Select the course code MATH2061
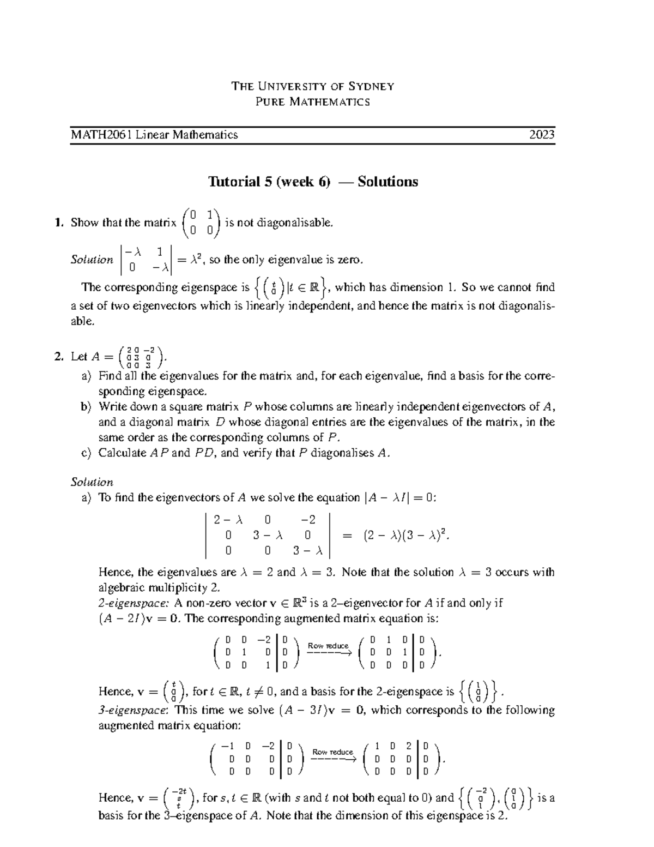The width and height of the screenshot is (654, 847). [102, 135]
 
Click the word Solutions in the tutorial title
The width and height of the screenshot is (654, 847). [387, 182]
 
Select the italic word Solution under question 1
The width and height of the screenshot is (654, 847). [92, 260]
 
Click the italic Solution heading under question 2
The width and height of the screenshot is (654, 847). [92, 482]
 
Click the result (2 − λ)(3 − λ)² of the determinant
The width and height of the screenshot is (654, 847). [406, 536]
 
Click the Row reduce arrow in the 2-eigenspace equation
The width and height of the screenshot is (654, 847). [328, 649]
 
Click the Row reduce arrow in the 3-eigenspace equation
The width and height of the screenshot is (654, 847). [333, 755]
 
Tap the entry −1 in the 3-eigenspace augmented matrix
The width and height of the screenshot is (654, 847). [224, 746]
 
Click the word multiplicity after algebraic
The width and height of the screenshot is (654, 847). [184, 588]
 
